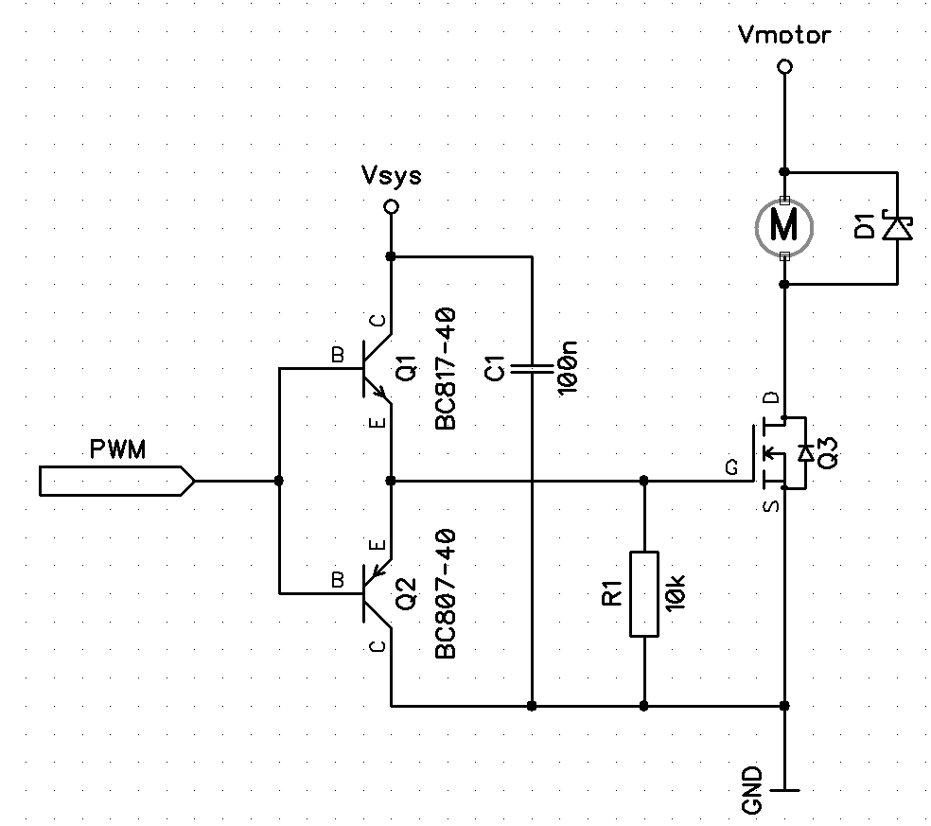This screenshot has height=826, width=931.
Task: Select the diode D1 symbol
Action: coord(895,228)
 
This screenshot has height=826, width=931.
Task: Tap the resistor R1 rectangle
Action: coord(643,593)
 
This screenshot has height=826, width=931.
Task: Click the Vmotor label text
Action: coord(783,36)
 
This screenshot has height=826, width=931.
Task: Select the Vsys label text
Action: coord(391,176)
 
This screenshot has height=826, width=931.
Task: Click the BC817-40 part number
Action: coord(447,369)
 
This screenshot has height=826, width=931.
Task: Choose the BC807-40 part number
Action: coord(447,593)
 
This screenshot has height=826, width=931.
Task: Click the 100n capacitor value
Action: coord(568,367)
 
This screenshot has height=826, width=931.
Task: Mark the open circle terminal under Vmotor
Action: coord(783,67)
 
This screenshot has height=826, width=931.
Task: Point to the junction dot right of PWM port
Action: coord(278,481)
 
